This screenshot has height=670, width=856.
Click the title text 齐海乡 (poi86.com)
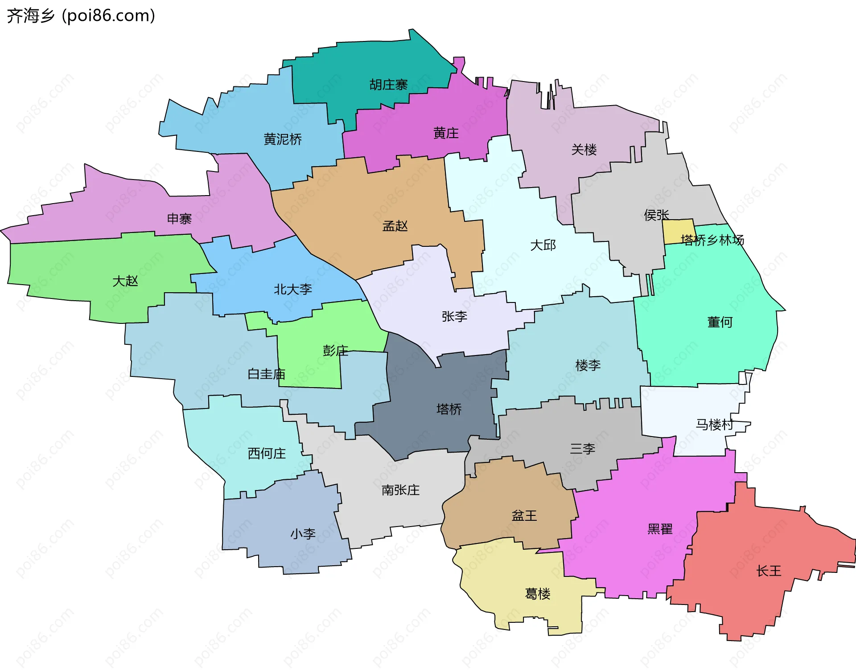(81, 16)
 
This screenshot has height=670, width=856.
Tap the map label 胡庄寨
(388, 85)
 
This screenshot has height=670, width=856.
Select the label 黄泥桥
(283, 139)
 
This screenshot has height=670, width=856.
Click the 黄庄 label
(446, 133)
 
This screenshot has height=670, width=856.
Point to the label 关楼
(584, 149)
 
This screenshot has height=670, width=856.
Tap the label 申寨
(179, 219)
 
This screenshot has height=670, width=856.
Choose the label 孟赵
(395, 226)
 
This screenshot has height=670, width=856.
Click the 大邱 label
(543, 245)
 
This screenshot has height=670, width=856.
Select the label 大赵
(125, 281)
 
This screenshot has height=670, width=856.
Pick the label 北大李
(293, 290)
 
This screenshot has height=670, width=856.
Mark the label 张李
(454, 316)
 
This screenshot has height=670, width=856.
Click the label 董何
(720, 322)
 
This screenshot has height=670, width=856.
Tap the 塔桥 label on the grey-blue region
(449, 409)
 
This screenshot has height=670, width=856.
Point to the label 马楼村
(715, 425)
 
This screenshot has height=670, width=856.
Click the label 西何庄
(267, 453)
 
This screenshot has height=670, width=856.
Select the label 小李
(303, 534)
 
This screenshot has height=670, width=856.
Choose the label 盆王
(524, 515)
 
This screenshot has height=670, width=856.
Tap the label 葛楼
(538, 593)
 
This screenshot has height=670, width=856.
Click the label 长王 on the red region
(769, 571)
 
